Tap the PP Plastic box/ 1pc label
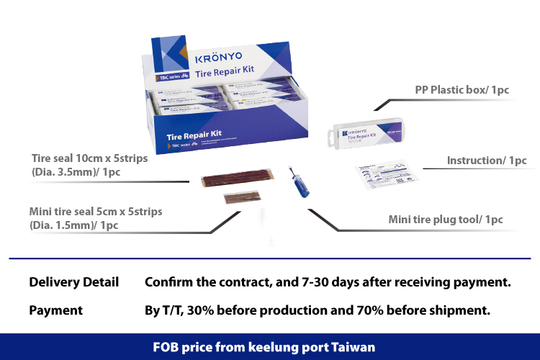point(462,90)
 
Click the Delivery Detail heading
point(73,282)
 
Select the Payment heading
point(55,310)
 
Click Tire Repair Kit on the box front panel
point(193,135)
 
